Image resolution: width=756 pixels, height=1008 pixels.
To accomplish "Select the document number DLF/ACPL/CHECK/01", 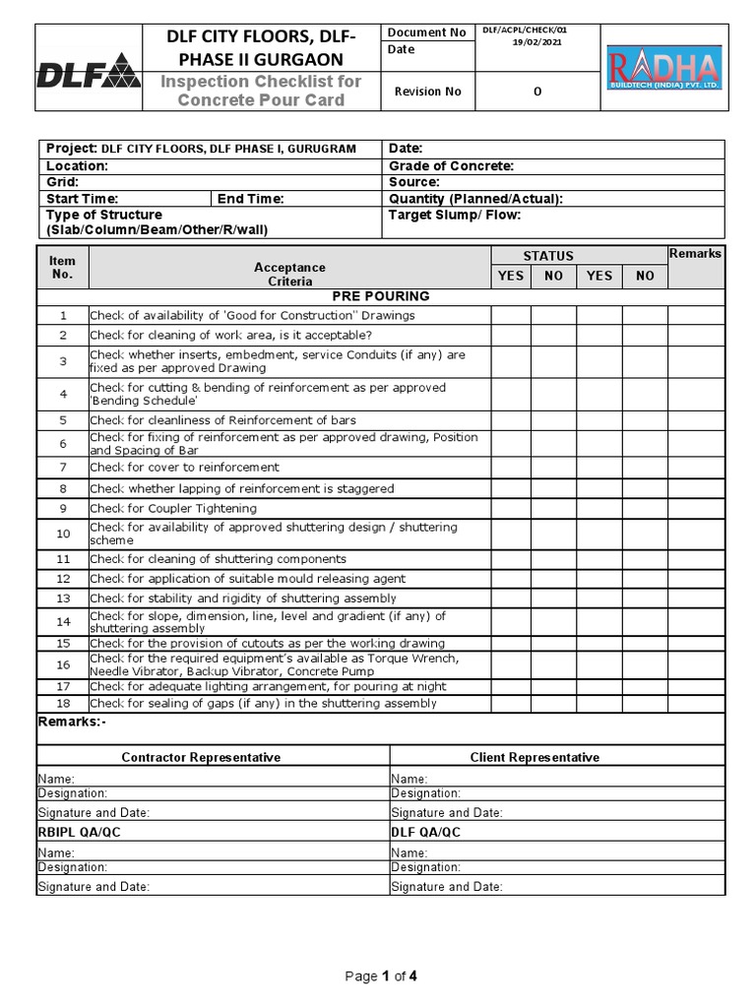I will pyautogui.click(x=524, y=31).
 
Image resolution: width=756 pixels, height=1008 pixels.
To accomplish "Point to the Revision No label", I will pyautogui.click(x=427, y=92).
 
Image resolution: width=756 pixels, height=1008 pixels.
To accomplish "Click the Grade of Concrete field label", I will pyautogui.click(x=451, y=166).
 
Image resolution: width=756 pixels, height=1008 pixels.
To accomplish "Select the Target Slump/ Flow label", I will pyautogui.click(x=454, y=215).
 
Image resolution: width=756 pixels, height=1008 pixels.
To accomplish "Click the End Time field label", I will pyautogui.click(x=250, y=199).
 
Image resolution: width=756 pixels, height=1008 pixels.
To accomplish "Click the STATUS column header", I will pyautogui.click(x=548, y=256).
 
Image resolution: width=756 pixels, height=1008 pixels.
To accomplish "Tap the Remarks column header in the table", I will pyautogui.click(x=695, y=254).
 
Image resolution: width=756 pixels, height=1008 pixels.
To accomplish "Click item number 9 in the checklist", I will pyautogui.click(x=63, y=509).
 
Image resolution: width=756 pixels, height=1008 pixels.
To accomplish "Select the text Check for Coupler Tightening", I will pyautogui.click(x=173, y=509).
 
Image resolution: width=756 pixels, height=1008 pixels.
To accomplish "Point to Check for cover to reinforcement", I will pyautogui.click(x=184, y=468).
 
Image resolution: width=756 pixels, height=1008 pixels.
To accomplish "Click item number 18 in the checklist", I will pyautogui.click(x=63, y=704).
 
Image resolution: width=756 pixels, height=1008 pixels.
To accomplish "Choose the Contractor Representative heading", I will pyautogui.click(x=201, y=757).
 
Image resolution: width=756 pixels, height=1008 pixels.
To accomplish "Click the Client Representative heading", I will pyautogui.click(x=535, y=757).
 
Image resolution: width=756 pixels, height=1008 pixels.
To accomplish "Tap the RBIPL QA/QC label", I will pyautogui.click(x=79, y=832).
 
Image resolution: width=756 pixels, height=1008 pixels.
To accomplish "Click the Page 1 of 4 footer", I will pyautogui.click(x=380, y=976).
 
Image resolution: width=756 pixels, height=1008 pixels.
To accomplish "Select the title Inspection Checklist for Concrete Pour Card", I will pyautogui.click(x=261, y=91).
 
